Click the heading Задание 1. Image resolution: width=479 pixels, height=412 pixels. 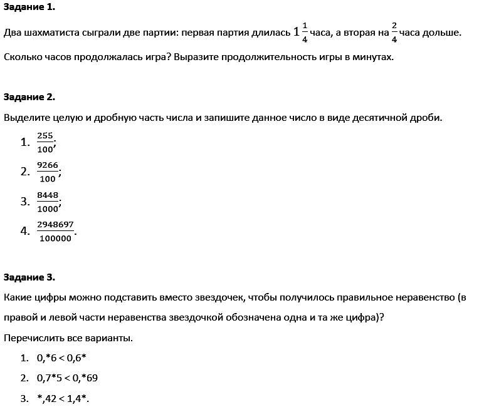pos(29,8)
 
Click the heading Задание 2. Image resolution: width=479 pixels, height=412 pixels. pos(29,97)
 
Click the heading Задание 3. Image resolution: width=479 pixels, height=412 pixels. pos(29,277)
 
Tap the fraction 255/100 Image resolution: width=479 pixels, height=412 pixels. pos(45,142)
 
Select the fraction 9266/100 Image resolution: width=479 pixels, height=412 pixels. pos(48,172)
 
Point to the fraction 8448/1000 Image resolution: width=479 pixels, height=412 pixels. pos(48,201)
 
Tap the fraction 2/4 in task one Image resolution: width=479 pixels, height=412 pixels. pos(394,33)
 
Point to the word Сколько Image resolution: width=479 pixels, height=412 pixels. pos(22,57)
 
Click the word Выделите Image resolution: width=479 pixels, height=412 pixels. pos(25,118)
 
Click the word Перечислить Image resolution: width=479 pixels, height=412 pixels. pos(34,338)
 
